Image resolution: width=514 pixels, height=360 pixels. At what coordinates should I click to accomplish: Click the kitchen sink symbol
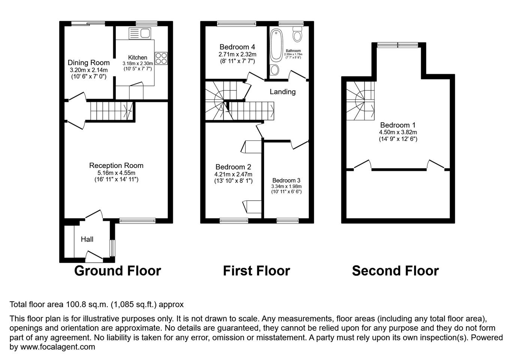pos(140,33)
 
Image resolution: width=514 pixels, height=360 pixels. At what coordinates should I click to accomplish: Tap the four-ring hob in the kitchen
pos(161,58)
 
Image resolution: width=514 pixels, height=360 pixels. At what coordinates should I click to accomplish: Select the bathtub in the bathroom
pos(276,45)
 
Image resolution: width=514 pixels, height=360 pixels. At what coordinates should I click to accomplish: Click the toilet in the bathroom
pos(297,34)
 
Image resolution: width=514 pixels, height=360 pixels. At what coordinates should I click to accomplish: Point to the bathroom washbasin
pos(274,70)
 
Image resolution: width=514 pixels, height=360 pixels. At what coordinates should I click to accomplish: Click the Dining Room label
pos(88,63)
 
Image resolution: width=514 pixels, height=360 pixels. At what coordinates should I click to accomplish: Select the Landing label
pos(282,91)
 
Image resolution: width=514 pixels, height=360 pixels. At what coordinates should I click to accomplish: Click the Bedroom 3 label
pos(286,180)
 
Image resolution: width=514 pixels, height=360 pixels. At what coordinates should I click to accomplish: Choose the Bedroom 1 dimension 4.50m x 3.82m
pos(398,132)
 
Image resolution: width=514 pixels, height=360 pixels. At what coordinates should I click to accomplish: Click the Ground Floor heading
pos(118,271)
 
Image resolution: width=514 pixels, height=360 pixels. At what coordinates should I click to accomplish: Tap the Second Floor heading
pos(395,271)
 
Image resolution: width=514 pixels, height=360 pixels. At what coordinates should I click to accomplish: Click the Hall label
pos(87,239)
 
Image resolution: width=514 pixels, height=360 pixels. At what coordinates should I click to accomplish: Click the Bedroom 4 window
pos(236,23)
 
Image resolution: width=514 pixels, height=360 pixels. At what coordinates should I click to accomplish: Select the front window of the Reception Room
pos(137,220)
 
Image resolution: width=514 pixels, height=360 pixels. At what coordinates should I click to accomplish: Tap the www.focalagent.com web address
pos(58,346)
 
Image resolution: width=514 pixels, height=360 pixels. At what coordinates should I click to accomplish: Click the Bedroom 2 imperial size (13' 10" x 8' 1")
pos(233,181)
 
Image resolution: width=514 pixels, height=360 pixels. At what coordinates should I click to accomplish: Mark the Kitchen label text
pos(137,57)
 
